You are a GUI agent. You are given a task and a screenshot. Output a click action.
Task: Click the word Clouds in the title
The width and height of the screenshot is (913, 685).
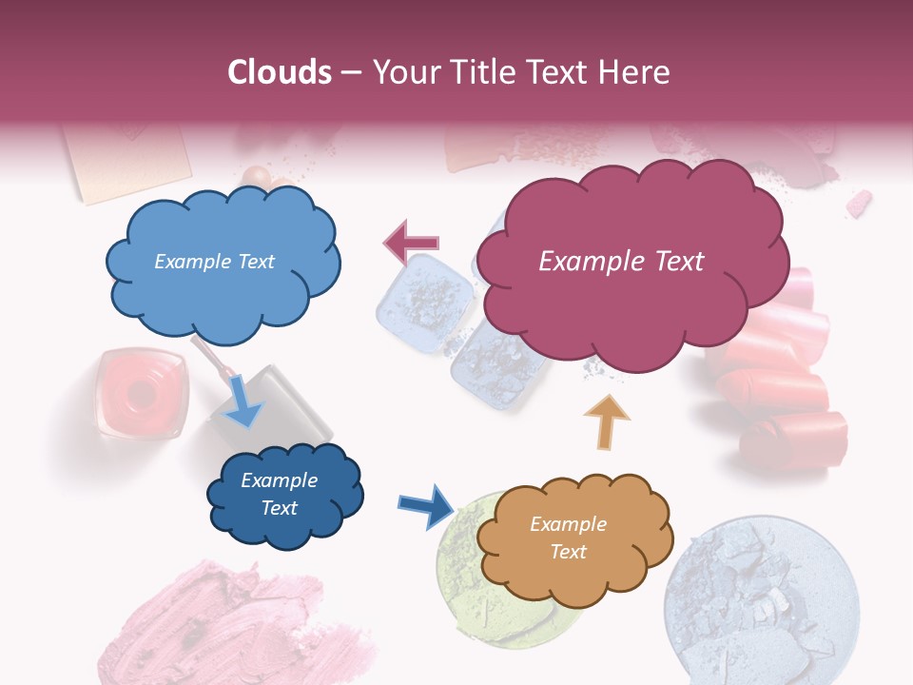pyautogui.click(x=280, y=72)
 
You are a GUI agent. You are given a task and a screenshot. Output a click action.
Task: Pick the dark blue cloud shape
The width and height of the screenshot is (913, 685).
pyautogui.click(x=283, y=495)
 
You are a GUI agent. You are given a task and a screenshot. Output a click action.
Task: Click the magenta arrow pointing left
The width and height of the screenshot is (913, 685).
pyautogui.click(x=411, y=243)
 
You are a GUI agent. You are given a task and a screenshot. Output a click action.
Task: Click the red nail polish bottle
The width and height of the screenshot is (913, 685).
pyautogui.click(x=140, y=393)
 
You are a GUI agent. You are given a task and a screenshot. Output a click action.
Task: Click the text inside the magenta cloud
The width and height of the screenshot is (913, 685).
pyautogui.click(x=621, y=262)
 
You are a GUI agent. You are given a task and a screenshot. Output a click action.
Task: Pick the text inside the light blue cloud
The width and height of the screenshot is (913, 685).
pyautogui.click(x=214, y=262)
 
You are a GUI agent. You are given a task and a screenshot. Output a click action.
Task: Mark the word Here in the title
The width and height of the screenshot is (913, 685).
pyautogui.click(x=639, y=72)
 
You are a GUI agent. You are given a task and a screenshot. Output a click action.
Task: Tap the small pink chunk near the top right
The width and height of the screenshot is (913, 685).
pyautogui.click(x=859, y=203)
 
